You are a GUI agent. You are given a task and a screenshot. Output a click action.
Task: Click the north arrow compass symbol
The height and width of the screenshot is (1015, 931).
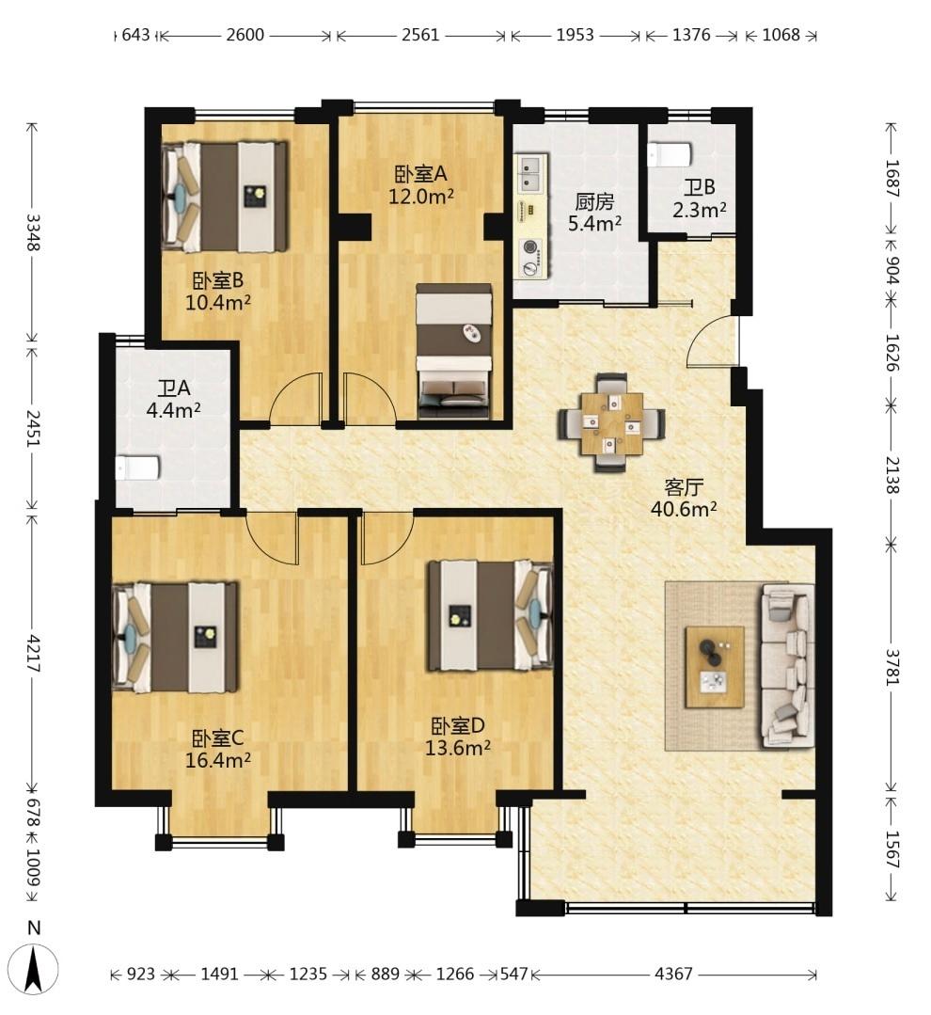click(35, 968)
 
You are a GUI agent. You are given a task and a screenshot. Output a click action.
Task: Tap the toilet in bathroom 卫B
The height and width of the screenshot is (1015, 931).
click(670, 154)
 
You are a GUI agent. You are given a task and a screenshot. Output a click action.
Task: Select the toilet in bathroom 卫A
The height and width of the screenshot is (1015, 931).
click(137, 468)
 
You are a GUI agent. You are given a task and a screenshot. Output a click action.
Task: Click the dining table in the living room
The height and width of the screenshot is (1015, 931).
click(611, 423)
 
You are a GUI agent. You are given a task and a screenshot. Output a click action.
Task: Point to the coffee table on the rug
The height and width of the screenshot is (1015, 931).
click(715, 667)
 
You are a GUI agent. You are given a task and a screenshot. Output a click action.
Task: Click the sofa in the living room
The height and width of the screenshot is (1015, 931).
click(787, 666)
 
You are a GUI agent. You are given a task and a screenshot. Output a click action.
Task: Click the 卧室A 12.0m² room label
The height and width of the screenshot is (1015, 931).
click(420, 185)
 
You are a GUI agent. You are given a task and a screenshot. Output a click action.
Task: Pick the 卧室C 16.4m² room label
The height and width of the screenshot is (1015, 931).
click(218, 749)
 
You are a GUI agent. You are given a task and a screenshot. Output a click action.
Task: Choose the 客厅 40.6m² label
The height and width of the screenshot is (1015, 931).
click(684, 498)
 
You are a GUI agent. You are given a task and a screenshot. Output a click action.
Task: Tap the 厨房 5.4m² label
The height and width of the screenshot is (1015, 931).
click(594, 213)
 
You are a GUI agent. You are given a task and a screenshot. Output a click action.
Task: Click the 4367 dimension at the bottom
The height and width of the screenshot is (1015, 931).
click(672, 974)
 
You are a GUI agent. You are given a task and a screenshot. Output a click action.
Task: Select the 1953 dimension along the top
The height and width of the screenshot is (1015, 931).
click(576, 35)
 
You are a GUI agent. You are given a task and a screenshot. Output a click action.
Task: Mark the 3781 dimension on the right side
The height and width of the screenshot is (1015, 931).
click(892, 667)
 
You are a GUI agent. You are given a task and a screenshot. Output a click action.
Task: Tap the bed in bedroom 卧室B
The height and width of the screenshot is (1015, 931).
click(225, 197)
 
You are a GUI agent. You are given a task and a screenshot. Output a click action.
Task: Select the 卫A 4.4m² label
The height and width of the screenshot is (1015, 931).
click(173, 399)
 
